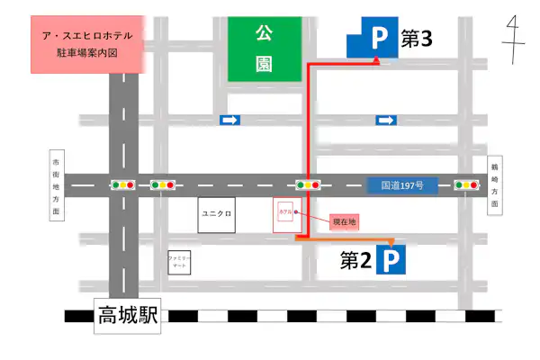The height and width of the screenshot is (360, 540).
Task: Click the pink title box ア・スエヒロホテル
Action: [87, 44]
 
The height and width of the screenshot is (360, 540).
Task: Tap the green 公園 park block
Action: [264, 49]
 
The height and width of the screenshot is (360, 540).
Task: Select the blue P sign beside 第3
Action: [376, 39]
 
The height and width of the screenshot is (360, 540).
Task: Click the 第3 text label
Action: [416, 39]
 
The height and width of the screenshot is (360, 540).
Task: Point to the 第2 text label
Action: [355, 260]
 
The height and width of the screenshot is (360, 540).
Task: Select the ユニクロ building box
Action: [217, 215]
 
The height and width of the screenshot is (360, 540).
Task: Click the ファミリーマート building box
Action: [180, 263]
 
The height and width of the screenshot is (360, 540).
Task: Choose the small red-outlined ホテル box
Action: [284, 214]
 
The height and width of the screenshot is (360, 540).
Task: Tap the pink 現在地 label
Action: [345, 220]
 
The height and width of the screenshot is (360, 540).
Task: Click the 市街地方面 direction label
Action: [56, 185]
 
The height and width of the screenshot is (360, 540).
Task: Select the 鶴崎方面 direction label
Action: [494, 185]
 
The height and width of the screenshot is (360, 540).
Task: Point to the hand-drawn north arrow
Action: [514, 40]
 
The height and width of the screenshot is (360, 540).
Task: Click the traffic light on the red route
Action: [309, 185]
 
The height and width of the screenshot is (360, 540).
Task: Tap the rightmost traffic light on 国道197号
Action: [466, 185]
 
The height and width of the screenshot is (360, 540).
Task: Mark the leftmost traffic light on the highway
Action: [122, 185]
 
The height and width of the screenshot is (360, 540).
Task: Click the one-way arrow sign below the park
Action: [230, 120]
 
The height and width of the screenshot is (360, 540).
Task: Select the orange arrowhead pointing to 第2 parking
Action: [391, 242]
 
